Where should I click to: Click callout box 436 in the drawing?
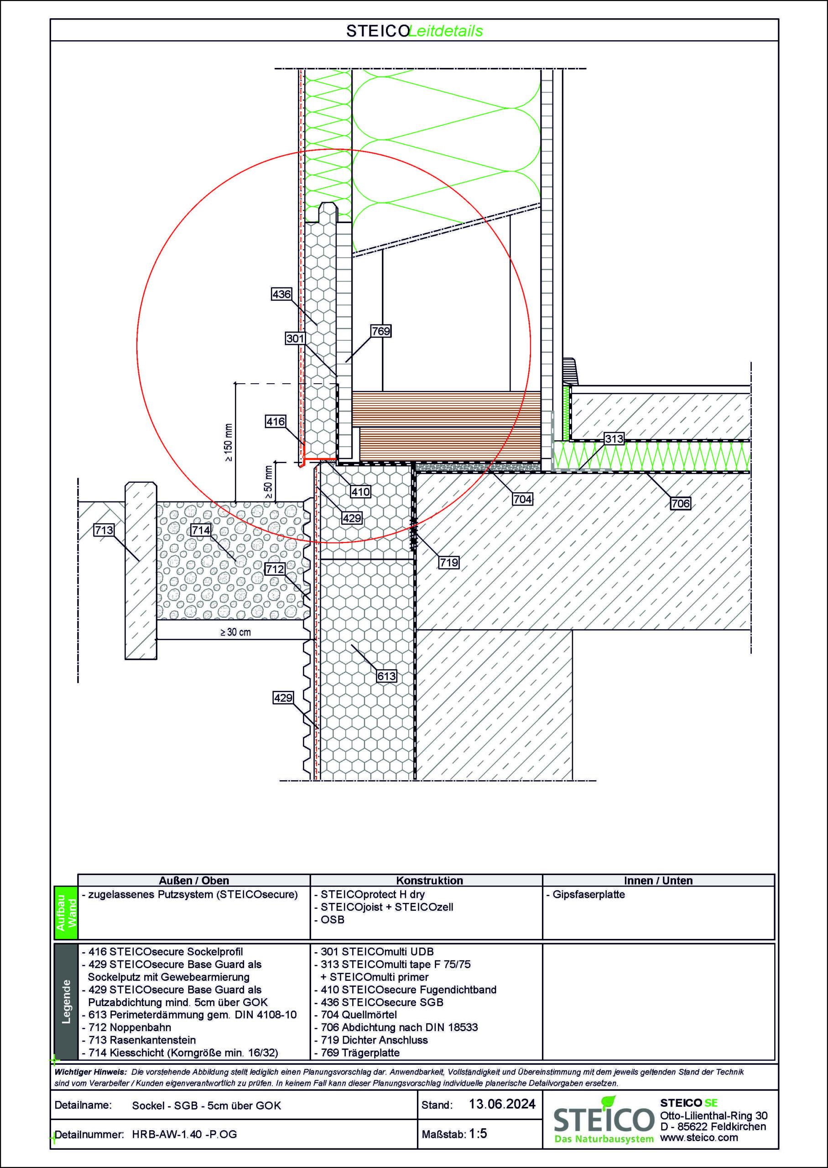click(281, 294)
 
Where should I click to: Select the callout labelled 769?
click(380, 331)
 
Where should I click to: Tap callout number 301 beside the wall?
click(295, 339)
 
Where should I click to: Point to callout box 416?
click(276, 422)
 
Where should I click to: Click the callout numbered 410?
click(360, 492)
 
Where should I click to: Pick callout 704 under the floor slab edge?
click(523, 499)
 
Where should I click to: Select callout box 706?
click(680, 504)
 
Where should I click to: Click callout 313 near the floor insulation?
click(614, 439)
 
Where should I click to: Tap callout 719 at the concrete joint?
click(448, 563)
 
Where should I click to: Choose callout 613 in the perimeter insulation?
click(386, 676)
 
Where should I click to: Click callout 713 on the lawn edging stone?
click(104, 530)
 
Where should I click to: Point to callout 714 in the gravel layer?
click(201, 530)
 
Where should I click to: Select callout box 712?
click(275, 569)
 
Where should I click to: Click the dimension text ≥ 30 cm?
click(235, 632)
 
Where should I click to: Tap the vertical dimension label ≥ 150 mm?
click(228, 443)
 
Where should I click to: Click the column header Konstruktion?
click(429, 881)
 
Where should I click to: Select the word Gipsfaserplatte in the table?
click(588, 894)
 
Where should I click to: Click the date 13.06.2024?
click(502, 1104)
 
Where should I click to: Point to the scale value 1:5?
click(478, 1133)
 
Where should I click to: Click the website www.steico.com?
click(698, 1137)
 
